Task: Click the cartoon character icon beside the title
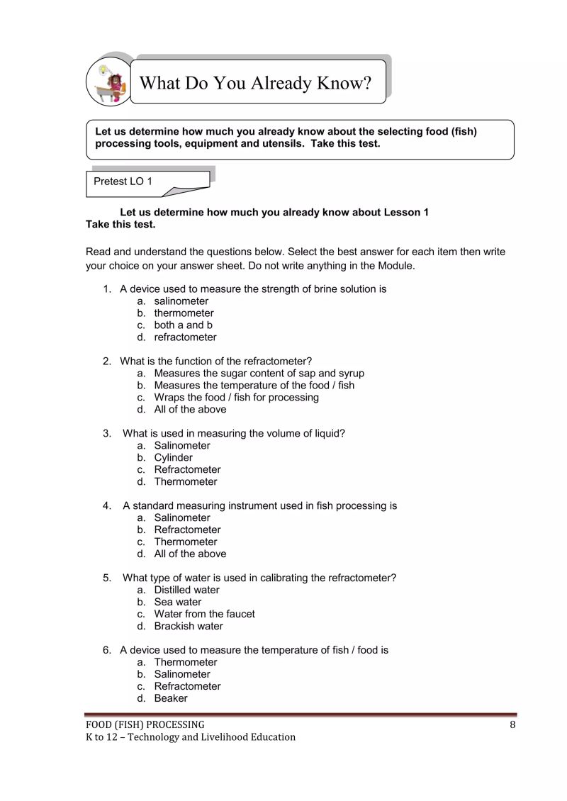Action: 110,82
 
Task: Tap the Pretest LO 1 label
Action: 123,181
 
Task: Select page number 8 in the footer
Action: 512,724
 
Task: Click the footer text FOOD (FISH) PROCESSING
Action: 145,724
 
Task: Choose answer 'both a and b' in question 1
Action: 184,325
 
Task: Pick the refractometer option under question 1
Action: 185,337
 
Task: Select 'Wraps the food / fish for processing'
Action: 236,398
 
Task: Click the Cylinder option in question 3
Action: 173,458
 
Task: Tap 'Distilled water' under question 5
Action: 186,590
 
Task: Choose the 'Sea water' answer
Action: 177,602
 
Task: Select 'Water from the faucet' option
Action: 204,614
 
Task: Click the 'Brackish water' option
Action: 188,626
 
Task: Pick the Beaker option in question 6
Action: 171,698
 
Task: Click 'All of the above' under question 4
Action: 190,554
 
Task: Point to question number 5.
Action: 107,578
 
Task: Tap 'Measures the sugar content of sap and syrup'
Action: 259,374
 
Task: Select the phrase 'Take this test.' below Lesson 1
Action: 120,225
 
